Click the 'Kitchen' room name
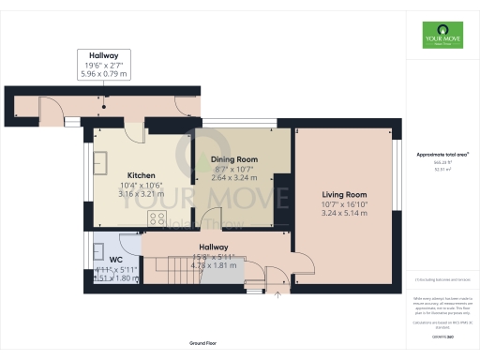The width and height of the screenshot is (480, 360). click(141, 175)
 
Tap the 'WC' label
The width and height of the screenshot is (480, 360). click(116, 259)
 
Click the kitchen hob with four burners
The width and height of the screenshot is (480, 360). click(157, 219)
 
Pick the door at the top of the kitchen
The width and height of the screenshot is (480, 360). click(135, 131)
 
